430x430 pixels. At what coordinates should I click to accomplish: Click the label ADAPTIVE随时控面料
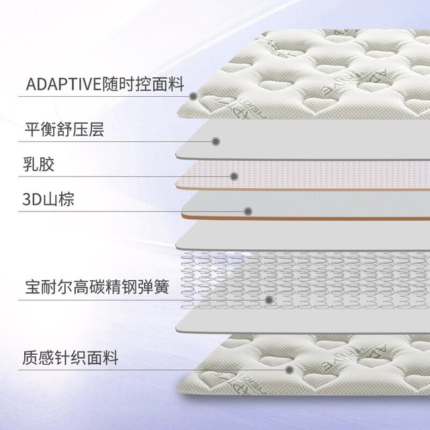click(105, 84)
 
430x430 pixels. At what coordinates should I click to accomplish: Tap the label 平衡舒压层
click(64, 130)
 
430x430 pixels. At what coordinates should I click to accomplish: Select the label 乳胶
click(39, 164)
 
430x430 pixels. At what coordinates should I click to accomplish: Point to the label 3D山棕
click(48, 200)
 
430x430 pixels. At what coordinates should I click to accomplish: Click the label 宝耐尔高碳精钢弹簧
click(97, 287)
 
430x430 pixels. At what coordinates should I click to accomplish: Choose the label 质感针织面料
click(71, 358)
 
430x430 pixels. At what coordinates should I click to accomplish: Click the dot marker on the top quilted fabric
click(193, 96)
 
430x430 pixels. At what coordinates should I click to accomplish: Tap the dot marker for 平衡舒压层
click(216, 142)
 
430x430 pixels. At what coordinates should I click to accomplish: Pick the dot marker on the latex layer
click(234, 176)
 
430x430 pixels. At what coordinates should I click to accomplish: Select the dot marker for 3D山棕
click(248, 212)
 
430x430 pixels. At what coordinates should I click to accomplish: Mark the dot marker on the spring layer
click(269, 300)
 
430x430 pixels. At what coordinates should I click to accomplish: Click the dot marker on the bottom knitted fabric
click(289, 370)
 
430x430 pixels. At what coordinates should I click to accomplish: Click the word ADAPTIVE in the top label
click(64, 84)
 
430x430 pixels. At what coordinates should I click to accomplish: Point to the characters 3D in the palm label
click(32, 200)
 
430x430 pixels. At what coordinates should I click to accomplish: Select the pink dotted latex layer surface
click(304, 174)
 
